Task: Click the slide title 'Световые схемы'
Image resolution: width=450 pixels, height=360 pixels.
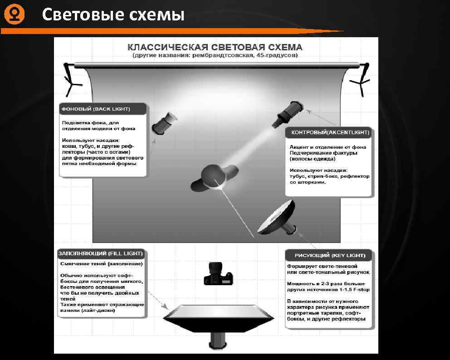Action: click(113, 15)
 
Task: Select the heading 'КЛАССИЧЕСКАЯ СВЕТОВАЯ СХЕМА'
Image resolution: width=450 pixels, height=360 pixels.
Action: click(215, 47)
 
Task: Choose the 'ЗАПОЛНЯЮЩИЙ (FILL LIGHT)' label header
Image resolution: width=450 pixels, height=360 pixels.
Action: click(101, 253)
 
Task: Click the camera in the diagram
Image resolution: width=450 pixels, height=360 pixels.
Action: click(218, 274)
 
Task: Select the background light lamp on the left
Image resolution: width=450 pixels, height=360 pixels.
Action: click(164, 123)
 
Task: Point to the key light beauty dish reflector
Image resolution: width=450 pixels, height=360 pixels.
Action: click(277, 217)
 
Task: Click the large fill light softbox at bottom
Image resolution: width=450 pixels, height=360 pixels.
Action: click(218, 318)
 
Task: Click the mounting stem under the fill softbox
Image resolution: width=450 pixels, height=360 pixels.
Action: click(218, 341)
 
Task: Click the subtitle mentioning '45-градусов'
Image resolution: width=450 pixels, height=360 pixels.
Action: click(215, 55)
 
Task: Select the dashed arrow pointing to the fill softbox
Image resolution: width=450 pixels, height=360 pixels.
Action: click(158, 300)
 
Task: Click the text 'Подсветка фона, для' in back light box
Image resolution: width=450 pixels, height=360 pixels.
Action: click(90, 123)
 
